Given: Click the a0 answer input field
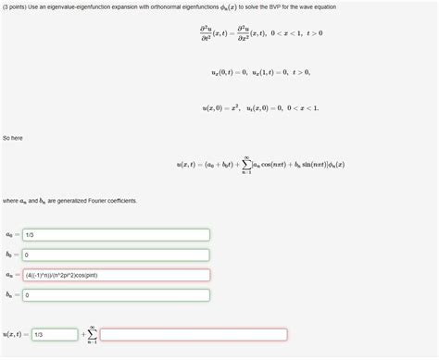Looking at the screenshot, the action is click(x=116, y=234).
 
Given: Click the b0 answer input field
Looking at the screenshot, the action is click(x=116, y=254).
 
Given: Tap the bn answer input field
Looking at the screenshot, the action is click(x=116, y=295).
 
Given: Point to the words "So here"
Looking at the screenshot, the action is click(x=12, y=137).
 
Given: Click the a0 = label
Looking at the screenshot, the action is click(x=12, y=234).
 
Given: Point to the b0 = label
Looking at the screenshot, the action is click(x=12, y=254).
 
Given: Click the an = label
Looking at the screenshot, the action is click(x=12, y=275).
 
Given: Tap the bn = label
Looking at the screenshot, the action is click(x=12, y=295).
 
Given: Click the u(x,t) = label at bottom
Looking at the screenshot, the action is click(x=14, y=334).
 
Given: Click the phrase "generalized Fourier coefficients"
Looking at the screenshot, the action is click(x=110, y=201).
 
